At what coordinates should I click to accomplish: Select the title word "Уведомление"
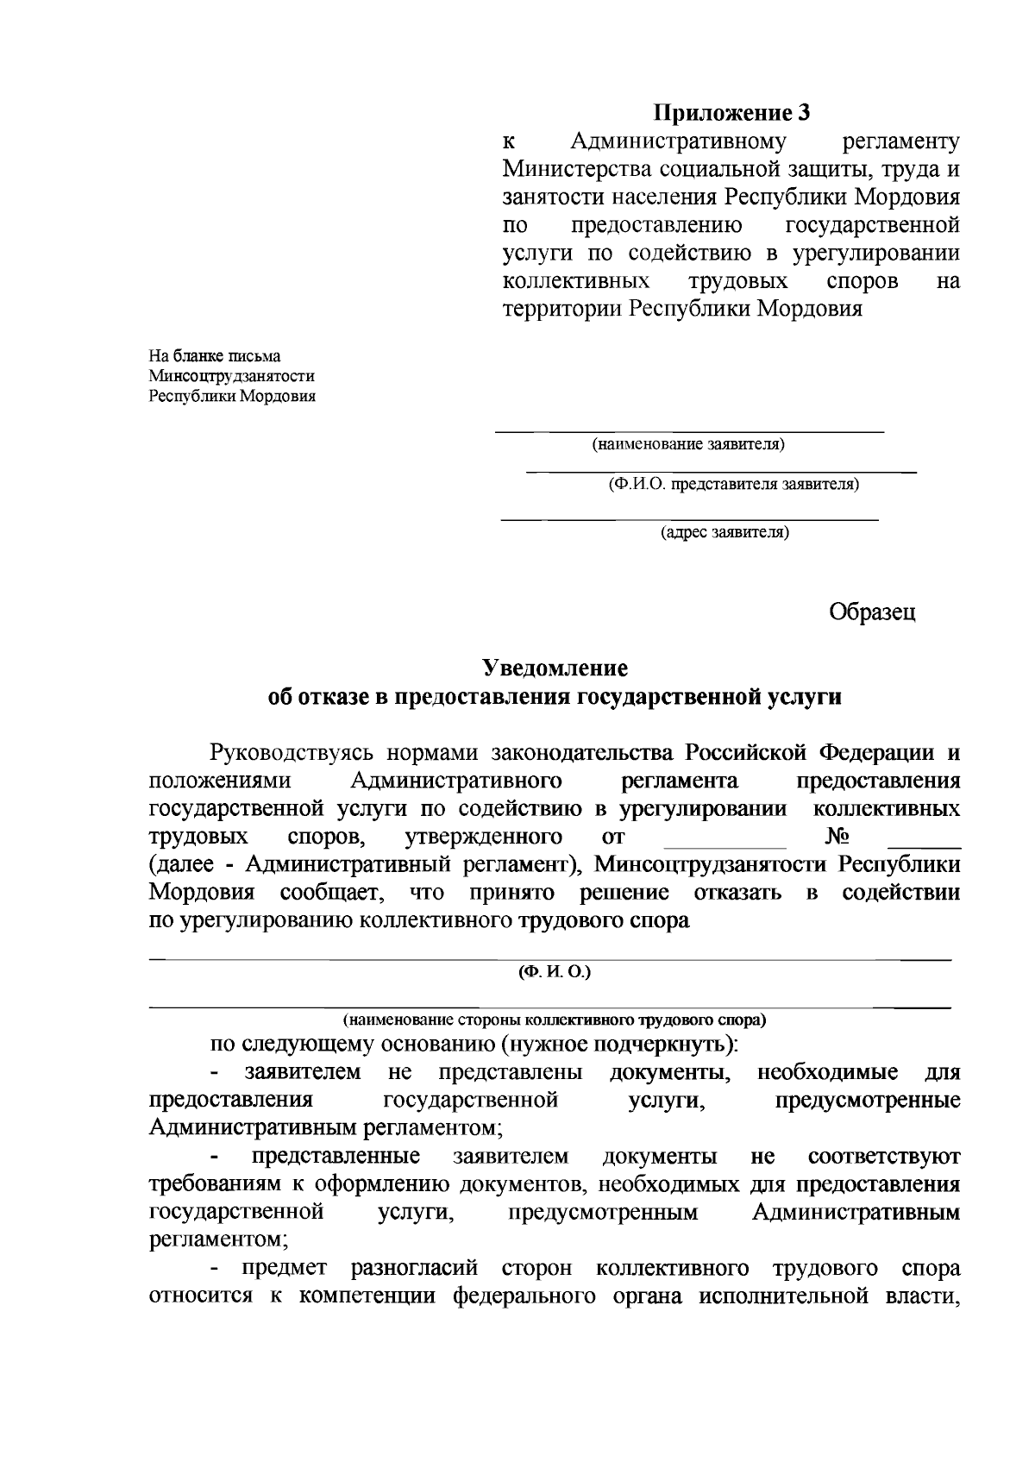tap(555, 668)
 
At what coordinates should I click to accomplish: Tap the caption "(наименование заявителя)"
tap(687, 445)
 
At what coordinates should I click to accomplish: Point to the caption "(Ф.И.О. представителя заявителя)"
tap(733, 484)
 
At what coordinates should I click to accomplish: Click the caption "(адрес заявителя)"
tap(724, 532)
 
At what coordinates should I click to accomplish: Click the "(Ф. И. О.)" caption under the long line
tap(554, 972)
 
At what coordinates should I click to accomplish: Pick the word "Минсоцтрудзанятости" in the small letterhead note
tap(231, 376)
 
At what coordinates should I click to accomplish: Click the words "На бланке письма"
tap(215, 355)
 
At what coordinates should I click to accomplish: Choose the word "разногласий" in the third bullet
tap(413, 1269)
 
